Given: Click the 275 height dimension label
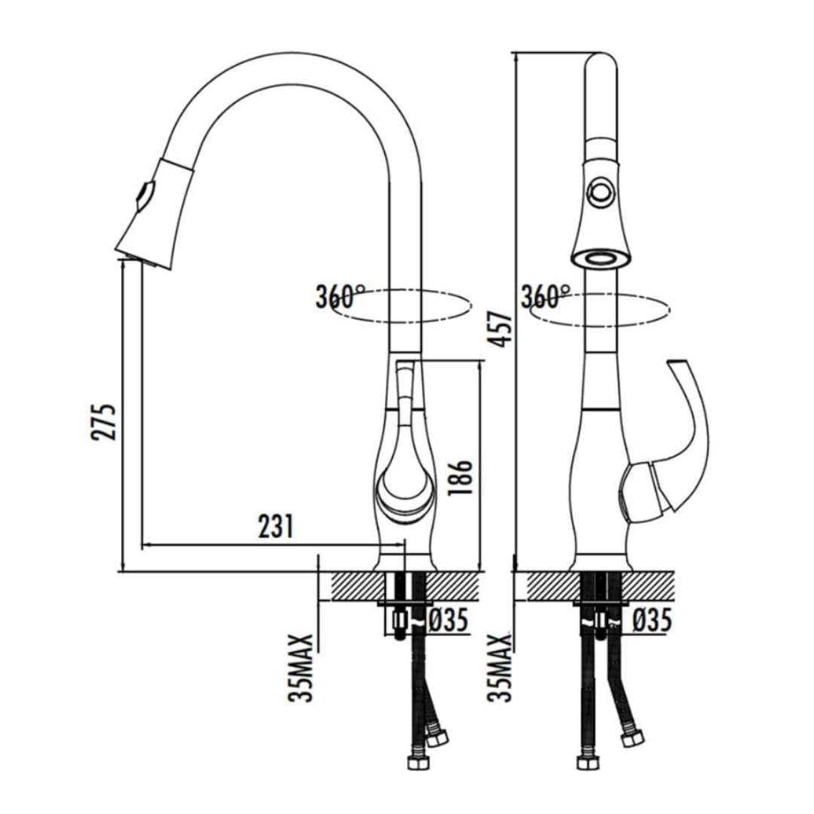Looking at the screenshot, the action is click(103, 421).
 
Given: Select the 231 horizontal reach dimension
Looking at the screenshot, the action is click(276, 526).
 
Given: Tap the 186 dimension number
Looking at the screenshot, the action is click(460, 476).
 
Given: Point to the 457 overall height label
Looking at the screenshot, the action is click(499, 329).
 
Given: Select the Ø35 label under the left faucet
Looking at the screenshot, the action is click(449, 620).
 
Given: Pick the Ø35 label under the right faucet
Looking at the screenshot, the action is click(653, 620).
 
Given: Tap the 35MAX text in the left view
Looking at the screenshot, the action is click(301, 668).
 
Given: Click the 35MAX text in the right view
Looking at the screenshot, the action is click(500, 668).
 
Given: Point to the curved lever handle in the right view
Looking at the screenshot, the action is click(675, 441).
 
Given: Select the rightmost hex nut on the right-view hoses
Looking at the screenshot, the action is click(632, 737).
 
